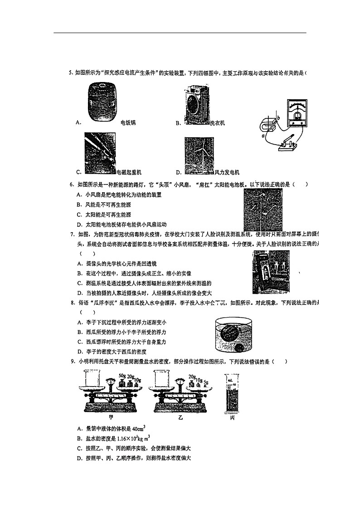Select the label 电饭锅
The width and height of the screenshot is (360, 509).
click(128, 123)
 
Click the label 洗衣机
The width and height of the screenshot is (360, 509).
click(217, 123)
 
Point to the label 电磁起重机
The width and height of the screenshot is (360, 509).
click(129, 172)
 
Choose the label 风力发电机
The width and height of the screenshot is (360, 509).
click(227, 172)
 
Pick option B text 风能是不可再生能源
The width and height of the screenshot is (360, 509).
click(108, 204)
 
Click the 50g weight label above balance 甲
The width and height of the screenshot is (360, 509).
click(122, 376)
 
